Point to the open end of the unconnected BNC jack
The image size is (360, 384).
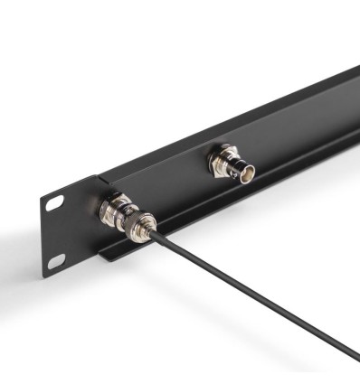coord(246,171)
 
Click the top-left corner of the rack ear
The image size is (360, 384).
coord(42,191)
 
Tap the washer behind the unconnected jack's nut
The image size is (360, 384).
coord(214,159)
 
